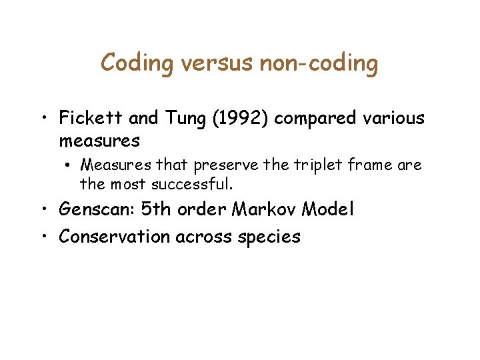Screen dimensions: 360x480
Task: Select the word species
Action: pos(270,237)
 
